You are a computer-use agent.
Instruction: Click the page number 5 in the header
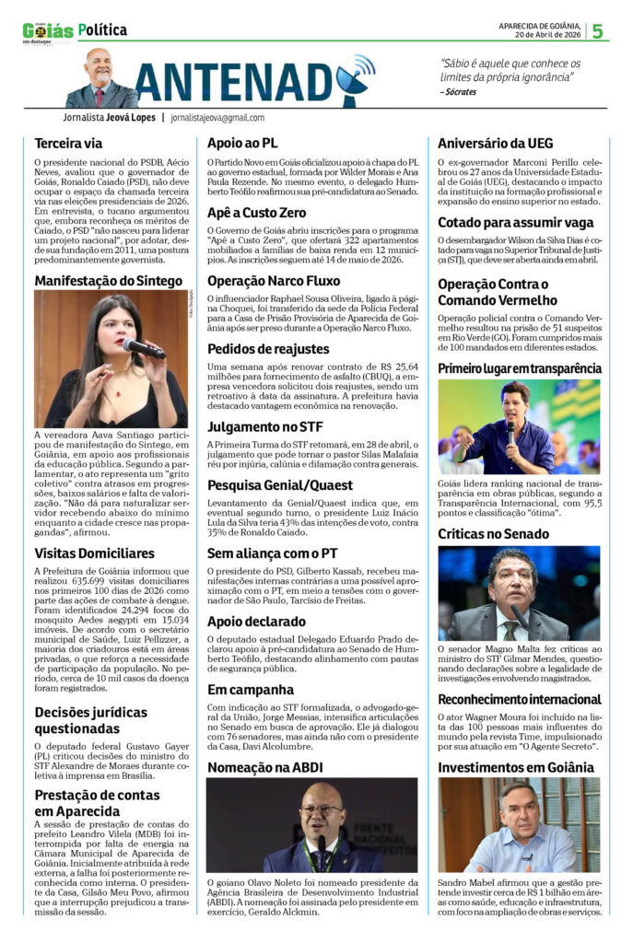(597, 30)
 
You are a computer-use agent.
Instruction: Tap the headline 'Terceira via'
(69, 144)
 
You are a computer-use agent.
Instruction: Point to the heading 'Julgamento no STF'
(264, 426)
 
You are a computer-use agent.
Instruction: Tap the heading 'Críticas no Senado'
(493, 533)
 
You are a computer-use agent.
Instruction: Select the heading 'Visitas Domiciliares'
(94, 553)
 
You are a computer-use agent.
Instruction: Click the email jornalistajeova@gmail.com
(217, 118)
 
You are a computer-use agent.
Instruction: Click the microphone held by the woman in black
(143, 348)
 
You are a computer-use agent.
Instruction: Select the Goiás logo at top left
(48, 31)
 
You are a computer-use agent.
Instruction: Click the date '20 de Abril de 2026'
(547, 35)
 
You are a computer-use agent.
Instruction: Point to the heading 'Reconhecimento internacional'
(519, 700)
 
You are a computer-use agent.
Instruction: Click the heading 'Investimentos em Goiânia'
(516, 767)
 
